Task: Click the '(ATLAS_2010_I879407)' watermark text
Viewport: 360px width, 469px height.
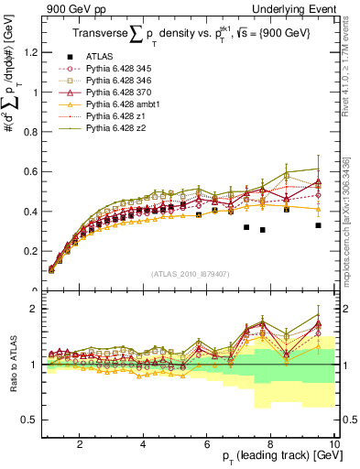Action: click(190, 273)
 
